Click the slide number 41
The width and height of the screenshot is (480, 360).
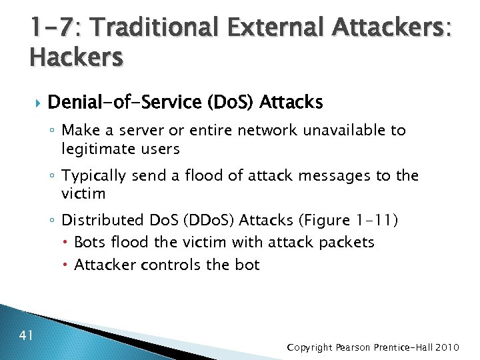tap(27, 335)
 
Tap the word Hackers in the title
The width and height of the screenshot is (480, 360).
tap(76, 57)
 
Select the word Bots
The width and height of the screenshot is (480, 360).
tap(89, 242)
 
